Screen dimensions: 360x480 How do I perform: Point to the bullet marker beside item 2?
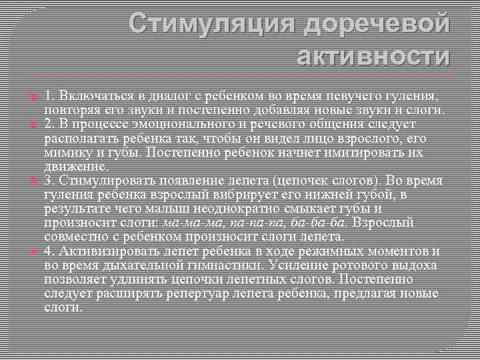(x=31, y=125)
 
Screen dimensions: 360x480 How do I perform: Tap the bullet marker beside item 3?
(x=31, y=181)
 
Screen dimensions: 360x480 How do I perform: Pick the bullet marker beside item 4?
(x=31, y=251)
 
